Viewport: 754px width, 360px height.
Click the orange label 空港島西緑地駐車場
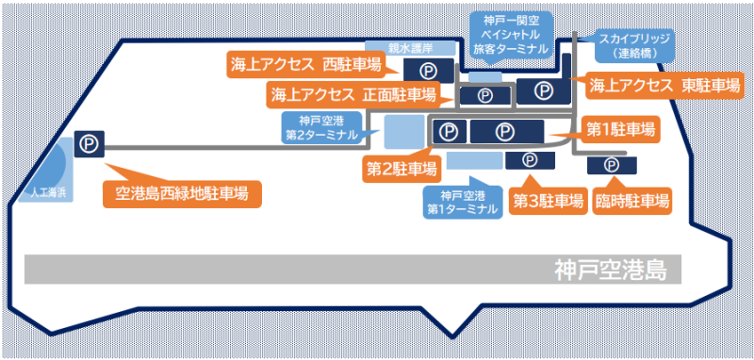[x=182, y=194]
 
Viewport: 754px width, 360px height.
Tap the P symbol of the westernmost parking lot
[x=89, y=143]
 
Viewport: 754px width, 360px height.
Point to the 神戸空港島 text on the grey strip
[x=611, y=270]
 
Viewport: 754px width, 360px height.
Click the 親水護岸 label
[x=410, y=49]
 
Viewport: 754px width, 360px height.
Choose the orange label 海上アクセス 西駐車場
[x=305, y=66]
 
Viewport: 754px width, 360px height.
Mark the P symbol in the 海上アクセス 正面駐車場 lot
[x=484, y=95]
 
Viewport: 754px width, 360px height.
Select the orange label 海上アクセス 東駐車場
[x=664, y=86]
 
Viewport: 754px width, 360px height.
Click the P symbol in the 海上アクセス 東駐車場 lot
[x=544, y=90]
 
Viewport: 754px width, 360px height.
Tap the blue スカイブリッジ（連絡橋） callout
[x=634, y=45]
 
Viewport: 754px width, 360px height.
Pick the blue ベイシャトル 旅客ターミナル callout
[x=511, y=34]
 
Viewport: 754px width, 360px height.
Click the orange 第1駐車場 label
[x=620, y=130]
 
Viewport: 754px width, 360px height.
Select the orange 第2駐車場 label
[x=402, y=170]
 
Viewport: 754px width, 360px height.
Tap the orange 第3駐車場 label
[x=549, y=202]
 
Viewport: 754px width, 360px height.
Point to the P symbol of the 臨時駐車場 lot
[x=612, y=165]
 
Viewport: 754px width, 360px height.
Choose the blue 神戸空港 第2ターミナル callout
[x=321, y=128]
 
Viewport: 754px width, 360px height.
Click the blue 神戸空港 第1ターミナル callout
[x=463, y=203]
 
